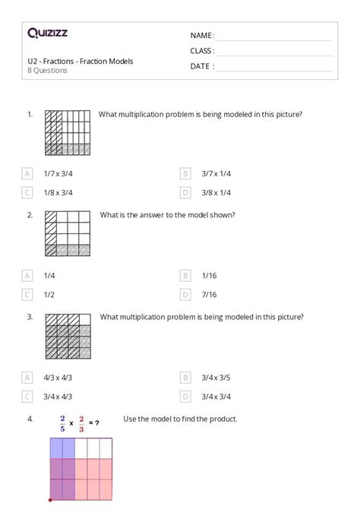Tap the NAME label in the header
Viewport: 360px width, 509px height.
[202, 36]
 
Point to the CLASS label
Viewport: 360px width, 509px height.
[202, 51]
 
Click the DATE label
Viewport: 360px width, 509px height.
[201, 66]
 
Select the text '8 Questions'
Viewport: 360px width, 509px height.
[47, 71]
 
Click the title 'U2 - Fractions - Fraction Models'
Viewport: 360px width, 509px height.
[81, 61]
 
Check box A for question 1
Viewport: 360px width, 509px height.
[28, 173]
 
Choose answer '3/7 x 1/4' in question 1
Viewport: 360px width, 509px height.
[216, 173]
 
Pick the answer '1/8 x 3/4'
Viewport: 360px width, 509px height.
[58, 192]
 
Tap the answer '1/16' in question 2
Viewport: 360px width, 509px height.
[210, 275]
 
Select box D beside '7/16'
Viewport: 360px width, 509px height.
[185, 294]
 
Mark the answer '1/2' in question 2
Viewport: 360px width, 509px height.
[49, 294]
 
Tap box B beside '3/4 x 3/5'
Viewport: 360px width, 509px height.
[185, 377]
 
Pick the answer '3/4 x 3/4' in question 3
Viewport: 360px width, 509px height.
[216, 396]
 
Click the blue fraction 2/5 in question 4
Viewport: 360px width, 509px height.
[62, 422]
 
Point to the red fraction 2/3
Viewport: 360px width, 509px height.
[81, 422]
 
